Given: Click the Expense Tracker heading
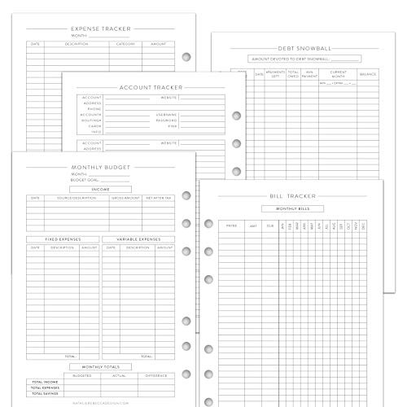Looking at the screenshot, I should (x=103, y=28).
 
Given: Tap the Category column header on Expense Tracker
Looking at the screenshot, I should (x=125, y=44).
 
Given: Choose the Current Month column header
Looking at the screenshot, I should (x=337, y=74).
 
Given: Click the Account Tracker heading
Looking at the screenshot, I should (x=151, y=87).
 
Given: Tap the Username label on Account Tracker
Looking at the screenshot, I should (x=165, y=115).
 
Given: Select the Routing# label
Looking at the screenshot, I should (x=90, y=120).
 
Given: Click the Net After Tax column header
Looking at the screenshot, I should (x=159, y=198).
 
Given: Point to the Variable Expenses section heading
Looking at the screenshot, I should (x=138, y=239).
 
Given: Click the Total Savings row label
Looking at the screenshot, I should (x=46, y=395).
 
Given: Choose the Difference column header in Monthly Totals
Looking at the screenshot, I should (x=158, y=376).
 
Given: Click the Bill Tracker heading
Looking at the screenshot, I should (x=293, y=196).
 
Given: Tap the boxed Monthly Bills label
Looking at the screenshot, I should (x=292, y=208).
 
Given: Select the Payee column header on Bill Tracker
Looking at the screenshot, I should (x=231, y=225).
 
